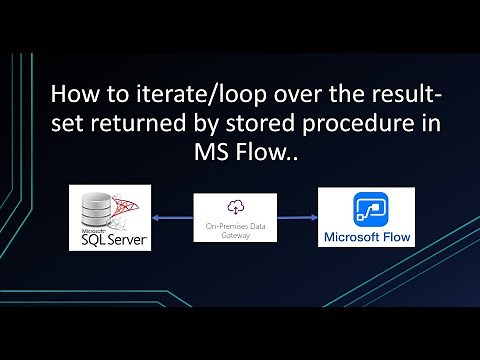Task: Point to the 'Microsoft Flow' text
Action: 368,239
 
